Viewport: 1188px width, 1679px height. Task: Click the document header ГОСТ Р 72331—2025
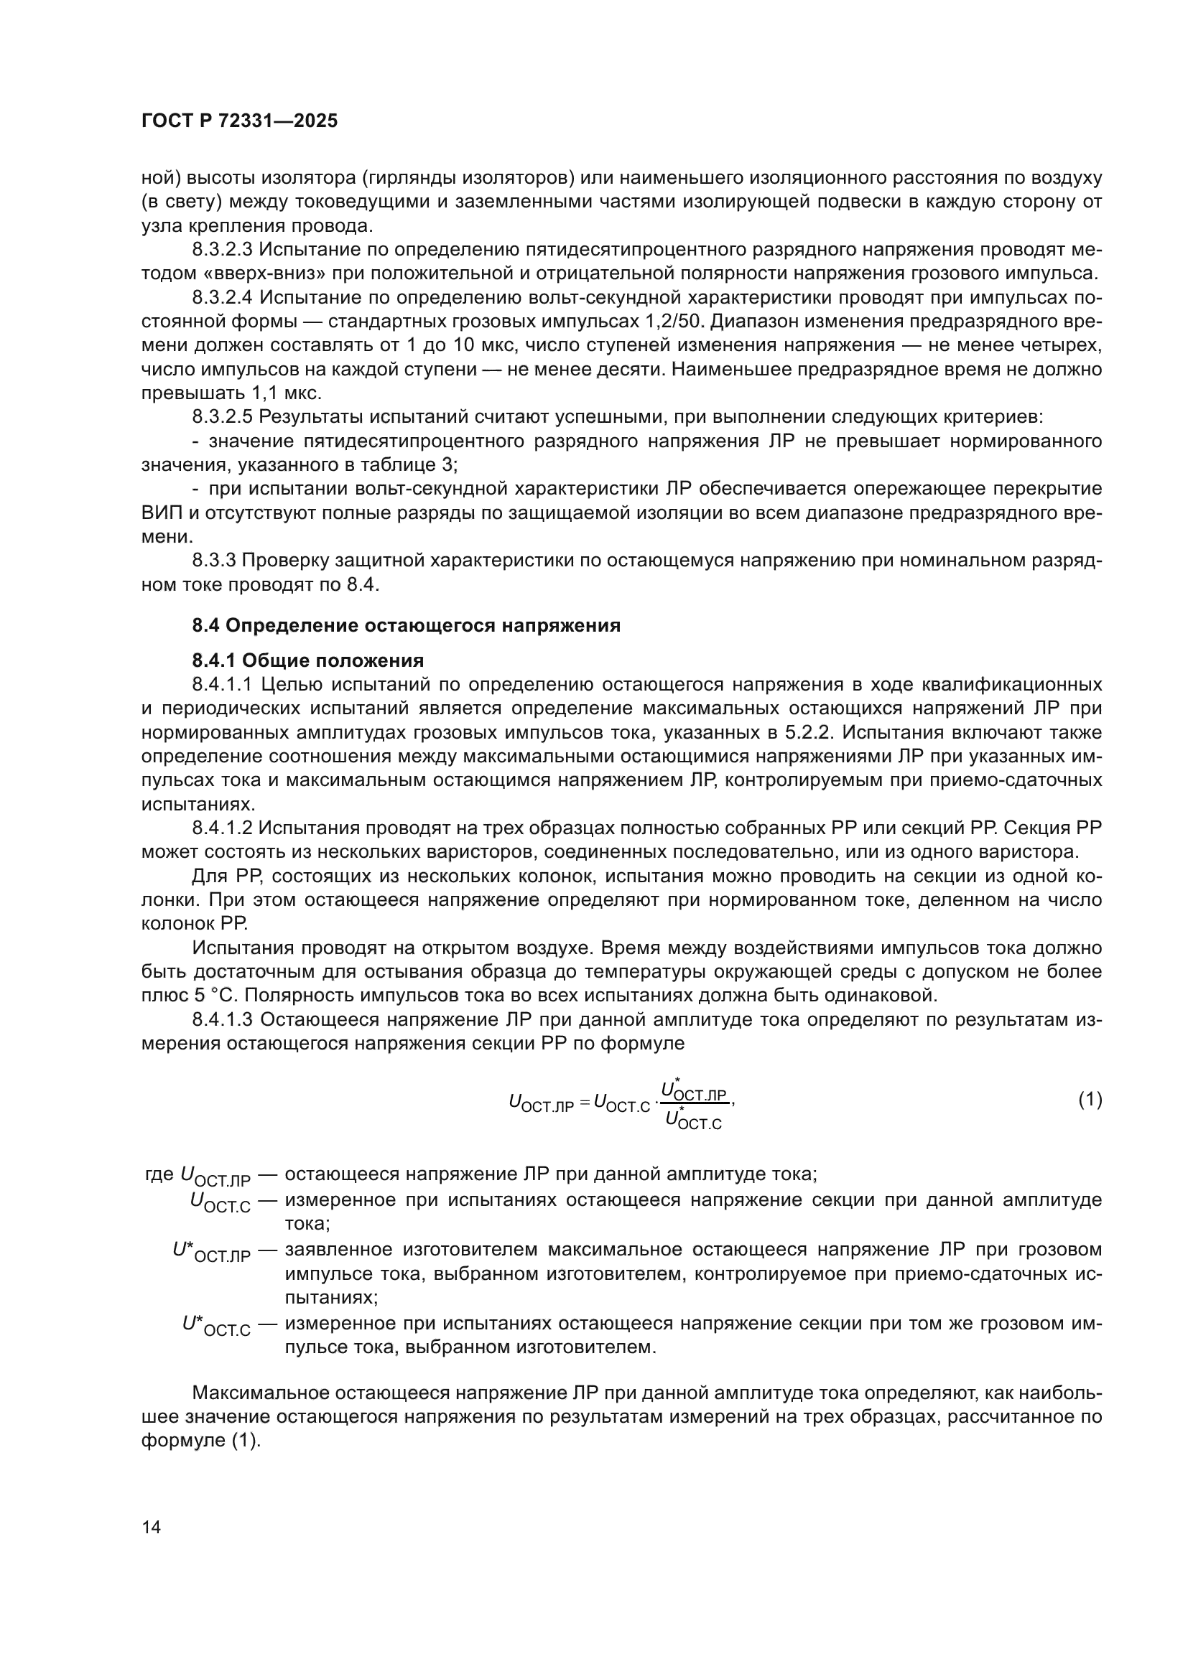[x=239, y=121]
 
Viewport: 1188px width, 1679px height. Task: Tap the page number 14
[x=152, y=1528]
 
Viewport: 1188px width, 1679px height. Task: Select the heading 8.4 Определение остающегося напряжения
[x=406, y=625]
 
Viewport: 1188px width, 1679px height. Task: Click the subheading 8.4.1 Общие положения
[x=308, y=661]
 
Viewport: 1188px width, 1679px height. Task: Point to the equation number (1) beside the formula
[x=1090, y=1099]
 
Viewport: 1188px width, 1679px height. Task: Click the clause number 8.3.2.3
[x=222, y=250]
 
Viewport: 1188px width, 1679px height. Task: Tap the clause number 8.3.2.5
[x=222, y=417]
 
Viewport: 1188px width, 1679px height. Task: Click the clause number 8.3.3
[x=213, y=560]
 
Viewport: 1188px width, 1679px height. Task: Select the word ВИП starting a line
[x=161, y=513]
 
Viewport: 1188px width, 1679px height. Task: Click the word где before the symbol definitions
[x=159, y=1176]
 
